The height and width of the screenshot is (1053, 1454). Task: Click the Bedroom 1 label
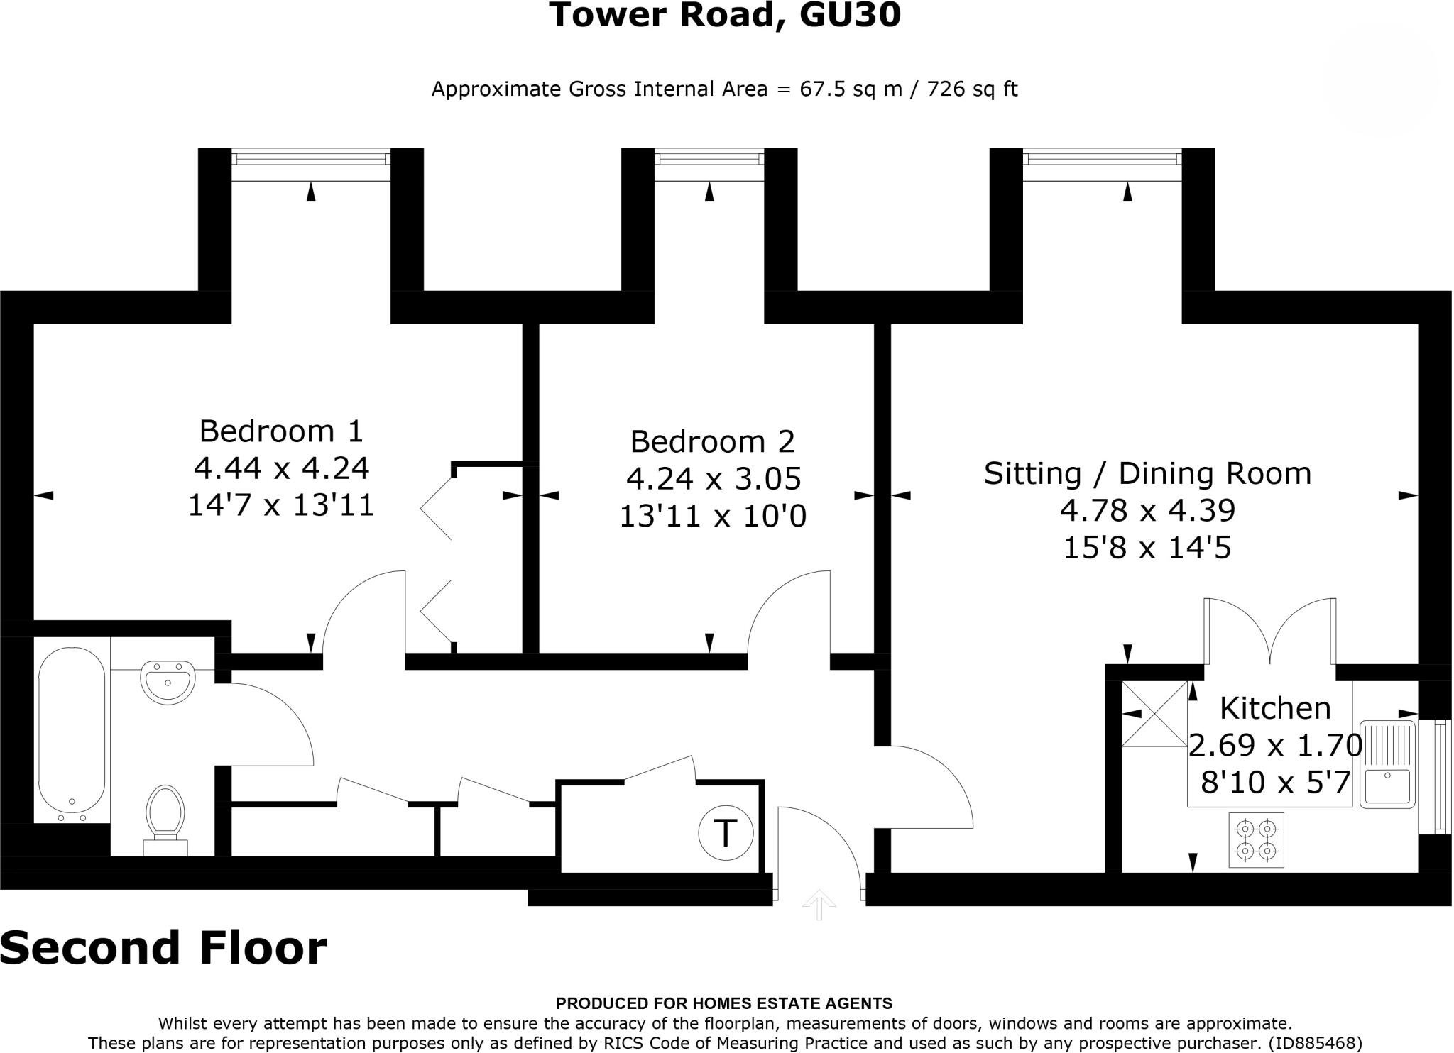coord(281,431)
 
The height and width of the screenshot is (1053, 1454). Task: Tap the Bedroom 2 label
coord(712,441)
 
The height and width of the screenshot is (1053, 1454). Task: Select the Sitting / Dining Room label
coord(1147,473)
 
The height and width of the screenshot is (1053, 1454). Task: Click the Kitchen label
coord(1274,708)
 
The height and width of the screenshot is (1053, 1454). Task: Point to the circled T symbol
coord(724,832)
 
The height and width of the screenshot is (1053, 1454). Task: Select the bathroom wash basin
coord(168,682)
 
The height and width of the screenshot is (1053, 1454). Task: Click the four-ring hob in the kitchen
coord(1256,839)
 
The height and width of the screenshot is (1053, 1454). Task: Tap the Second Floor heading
coord(163,948)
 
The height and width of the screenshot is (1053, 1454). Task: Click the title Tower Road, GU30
coord(724,16)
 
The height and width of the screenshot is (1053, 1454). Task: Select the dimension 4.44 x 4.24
coord(281,468)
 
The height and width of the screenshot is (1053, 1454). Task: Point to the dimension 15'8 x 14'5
coord(1147,548)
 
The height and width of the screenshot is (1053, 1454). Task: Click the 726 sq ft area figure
coord(972,89)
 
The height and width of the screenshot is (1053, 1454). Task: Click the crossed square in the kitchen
coord(1154,714)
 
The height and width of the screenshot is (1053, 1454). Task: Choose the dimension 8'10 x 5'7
coord(1274,783)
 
